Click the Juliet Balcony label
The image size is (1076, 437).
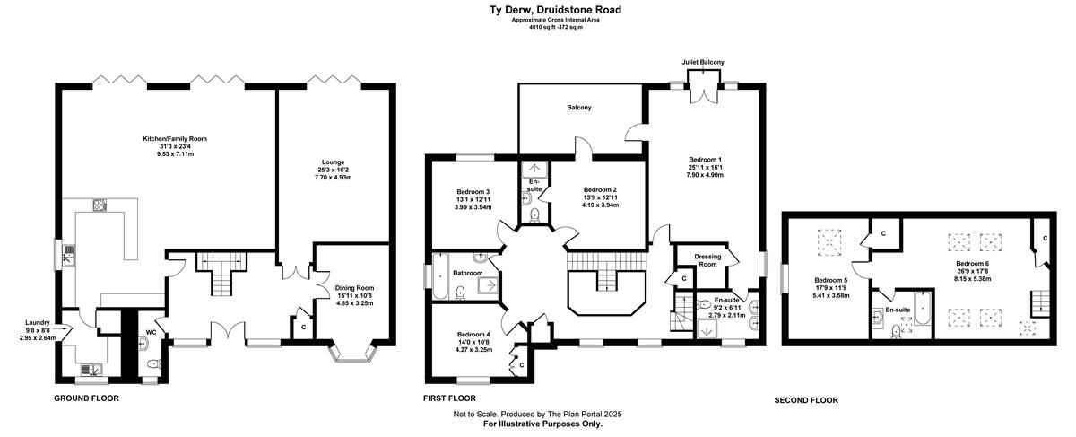(x=703, y=62)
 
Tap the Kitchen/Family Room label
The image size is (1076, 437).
(x=175, y=139)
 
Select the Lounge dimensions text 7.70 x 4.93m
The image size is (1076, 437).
(x=334, y=178)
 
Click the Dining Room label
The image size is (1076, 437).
(x=354, y=288)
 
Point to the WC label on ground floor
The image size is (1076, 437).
(x=151, y=332)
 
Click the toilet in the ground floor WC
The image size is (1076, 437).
(x=153, y=364)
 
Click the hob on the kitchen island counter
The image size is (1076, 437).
(x=100, y=205)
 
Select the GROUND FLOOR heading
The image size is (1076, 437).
(x=86, y=398)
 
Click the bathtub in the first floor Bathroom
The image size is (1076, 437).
(x=440, y=276)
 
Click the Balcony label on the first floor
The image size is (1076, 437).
(x=579, y=108)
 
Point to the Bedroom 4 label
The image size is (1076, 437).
(x=473, y=334)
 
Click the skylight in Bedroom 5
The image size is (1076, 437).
(x=829, y=240)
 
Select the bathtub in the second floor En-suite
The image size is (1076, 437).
(x=923, y=308)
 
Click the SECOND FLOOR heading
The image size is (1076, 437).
(x=806, y=400)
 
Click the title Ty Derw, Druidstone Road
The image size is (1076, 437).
(x=555, y=10)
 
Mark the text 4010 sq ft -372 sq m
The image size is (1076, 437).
(x=556, y=28)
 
